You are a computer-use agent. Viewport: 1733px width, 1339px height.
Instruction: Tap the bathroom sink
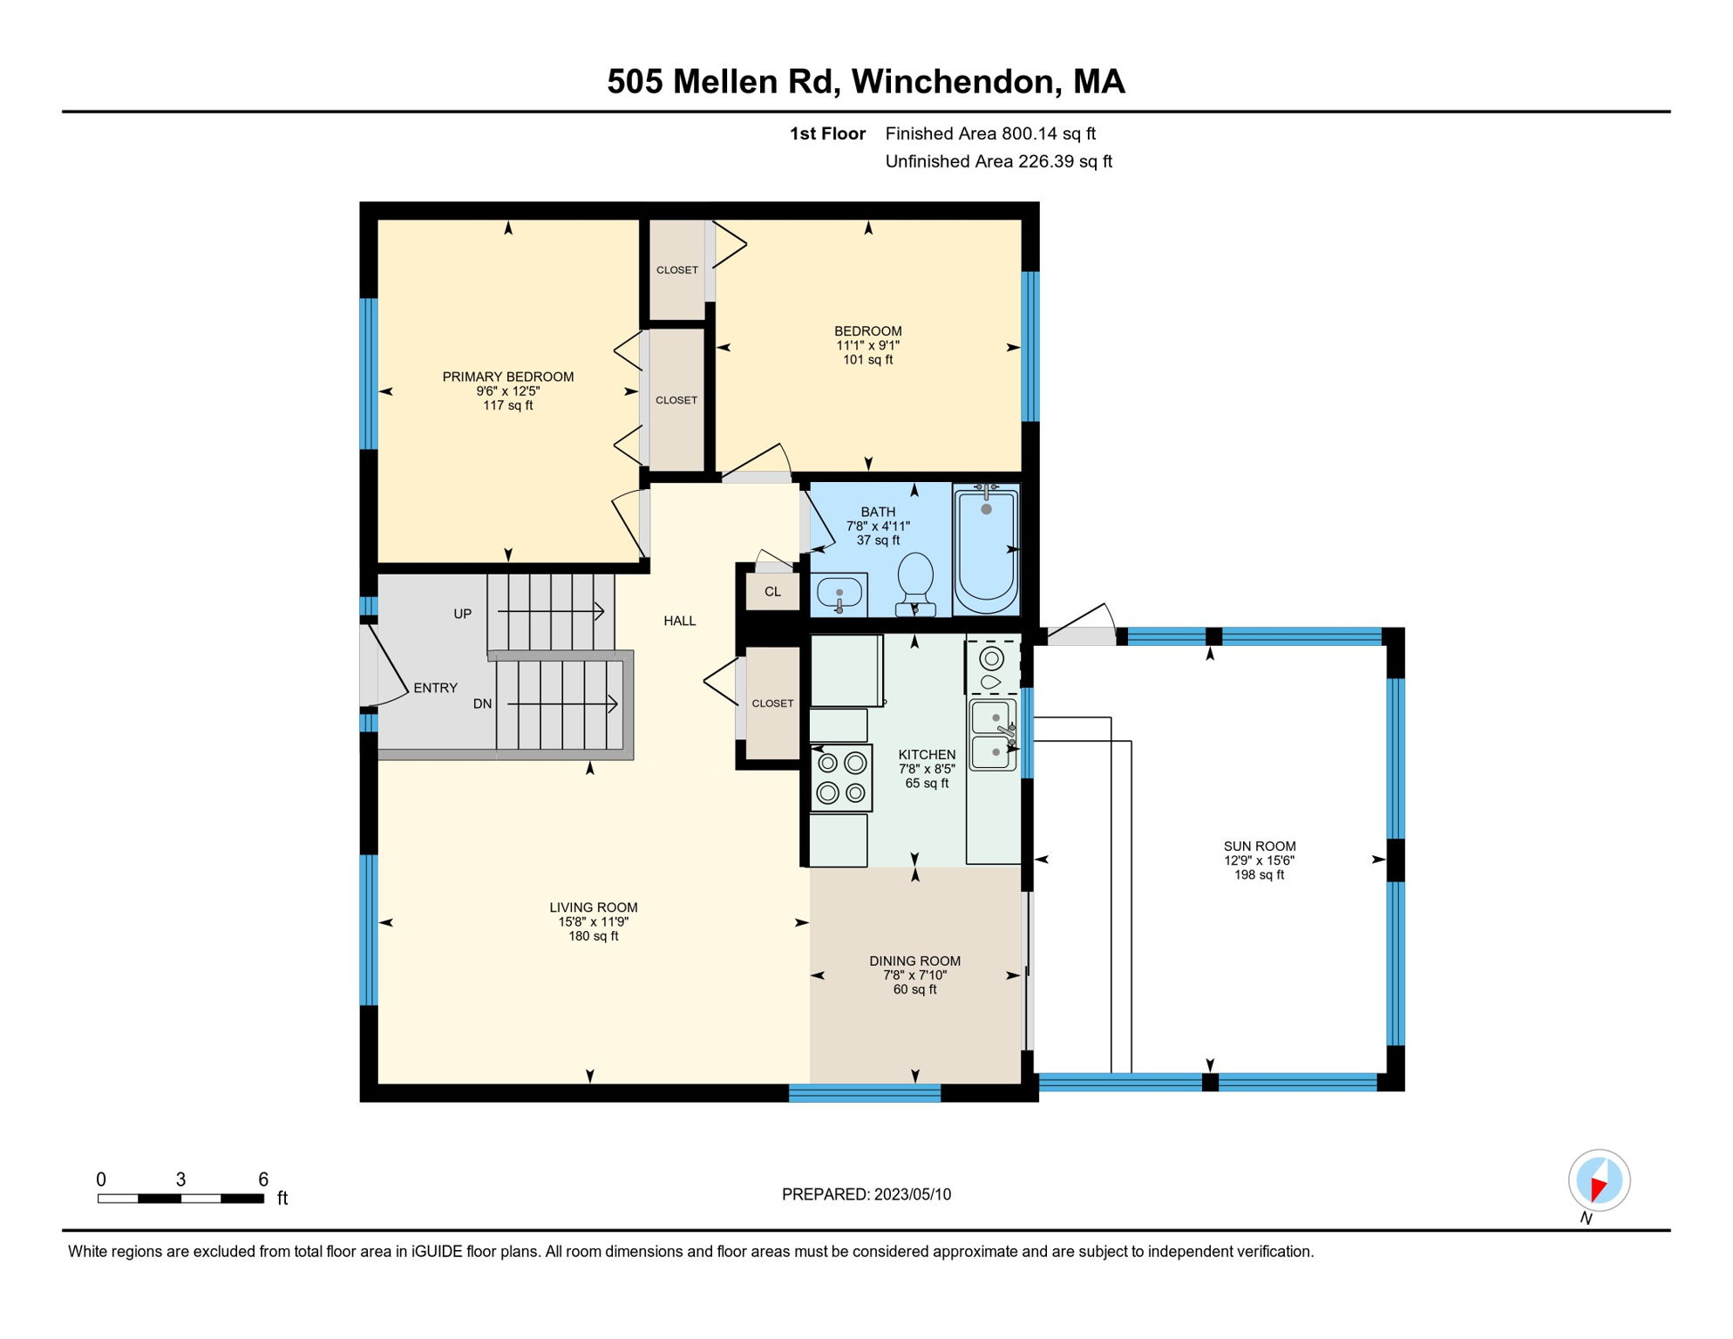tap(839, 595)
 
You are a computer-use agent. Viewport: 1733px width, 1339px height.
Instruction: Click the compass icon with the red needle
tap(1599, 1180)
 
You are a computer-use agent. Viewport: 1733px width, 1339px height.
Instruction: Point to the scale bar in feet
tap(180, 1198)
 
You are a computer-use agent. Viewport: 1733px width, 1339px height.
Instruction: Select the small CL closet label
tap(772, 592)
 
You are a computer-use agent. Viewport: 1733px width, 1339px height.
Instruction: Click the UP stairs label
tap(462, 614)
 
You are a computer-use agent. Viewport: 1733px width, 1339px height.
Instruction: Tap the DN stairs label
tap(482, 703)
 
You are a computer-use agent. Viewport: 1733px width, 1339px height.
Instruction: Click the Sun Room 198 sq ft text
tap(1259, 874)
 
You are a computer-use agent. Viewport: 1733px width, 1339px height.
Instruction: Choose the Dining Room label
tap(914, 961)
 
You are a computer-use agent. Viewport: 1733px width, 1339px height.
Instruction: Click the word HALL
tap(679, 621)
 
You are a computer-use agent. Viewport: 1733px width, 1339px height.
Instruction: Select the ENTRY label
tap(435, 688)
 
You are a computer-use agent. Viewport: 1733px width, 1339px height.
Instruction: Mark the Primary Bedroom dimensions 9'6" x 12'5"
tap(507, 391)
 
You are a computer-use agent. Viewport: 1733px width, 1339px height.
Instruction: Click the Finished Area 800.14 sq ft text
tap(990, 133)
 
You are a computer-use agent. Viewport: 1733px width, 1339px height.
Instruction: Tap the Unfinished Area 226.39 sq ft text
tap(998, 161)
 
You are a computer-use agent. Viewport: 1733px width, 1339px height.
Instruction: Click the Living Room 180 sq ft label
tap(593, 935)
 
